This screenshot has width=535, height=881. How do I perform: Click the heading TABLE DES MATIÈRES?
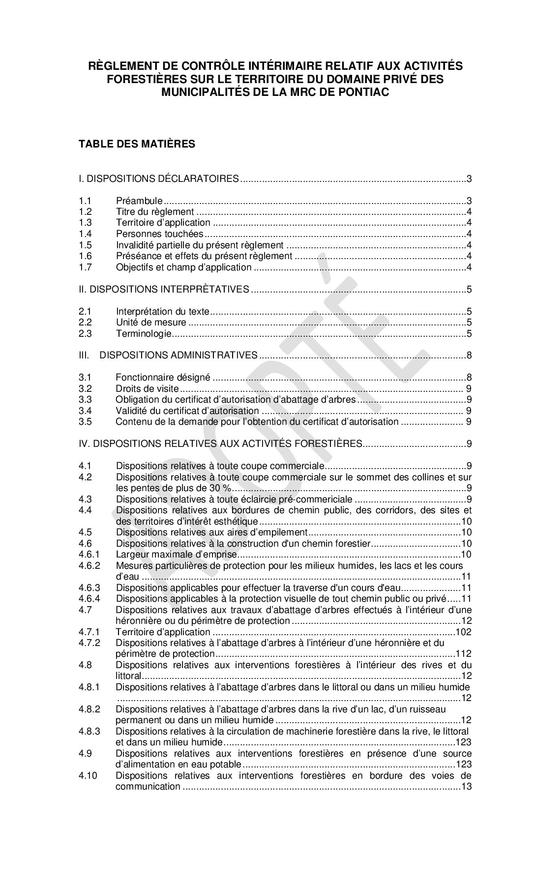coord(137,144)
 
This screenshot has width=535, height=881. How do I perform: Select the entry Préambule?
coord(139,201)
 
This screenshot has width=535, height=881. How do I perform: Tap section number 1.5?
coord(85,245)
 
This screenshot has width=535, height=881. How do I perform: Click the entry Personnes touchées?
coord(159,234)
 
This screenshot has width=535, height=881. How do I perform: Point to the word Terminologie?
coord(144,334)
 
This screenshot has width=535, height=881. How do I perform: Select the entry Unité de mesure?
coord(151,323)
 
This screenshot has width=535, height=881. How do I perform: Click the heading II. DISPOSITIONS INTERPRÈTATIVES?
coord(164,289)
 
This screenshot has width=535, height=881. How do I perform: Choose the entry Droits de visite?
coord(147,389)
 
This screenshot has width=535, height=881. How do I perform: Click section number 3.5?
coord(85,422)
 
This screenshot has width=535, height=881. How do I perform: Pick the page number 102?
coord(464,632)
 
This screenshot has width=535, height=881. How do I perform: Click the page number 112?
coord(464,654)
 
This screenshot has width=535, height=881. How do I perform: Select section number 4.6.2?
coord(89,566)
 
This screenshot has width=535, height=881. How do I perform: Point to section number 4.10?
coord(88,776)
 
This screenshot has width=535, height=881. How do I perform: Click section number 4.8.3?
coord(89,732)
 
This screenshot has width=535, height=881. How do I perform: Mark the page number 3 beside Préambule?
coord(469,201)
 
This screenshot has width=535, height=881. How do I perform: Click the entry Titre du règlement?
coord(155,212)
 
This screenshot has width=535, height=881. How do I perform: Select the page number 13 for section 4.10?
coord(466,787)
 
